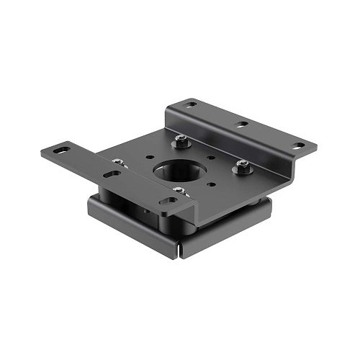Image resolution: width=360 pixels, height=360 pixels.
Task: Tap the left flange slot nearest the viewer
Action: (167, 201)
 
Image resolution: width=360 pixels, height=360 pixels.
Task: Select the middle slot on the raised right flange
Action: (241, 125)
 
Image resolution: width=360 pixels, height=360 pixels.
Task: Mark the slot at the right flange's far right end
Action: (297, 145)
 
